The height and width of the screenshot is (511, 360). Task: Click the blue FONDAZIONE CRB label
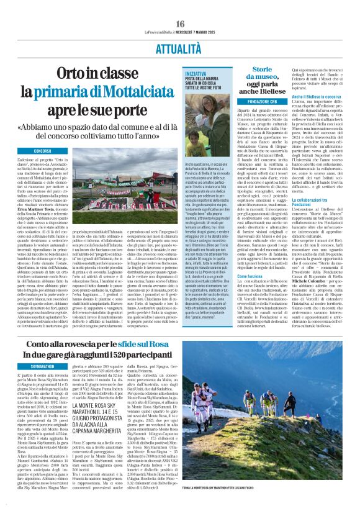pyautogui.click(x=261, y=101)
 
